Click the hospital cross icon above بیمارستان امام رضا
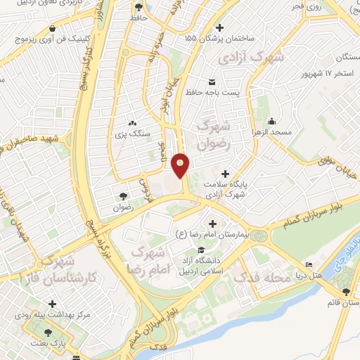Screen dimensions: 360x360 coord(213,224)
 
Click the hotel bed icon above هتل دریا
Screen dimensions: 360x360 coord(309,265)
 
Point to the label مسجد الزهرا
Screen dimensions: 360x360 coord(275,132)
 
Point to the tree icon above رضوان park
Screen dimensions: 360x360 coord(124,197)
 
